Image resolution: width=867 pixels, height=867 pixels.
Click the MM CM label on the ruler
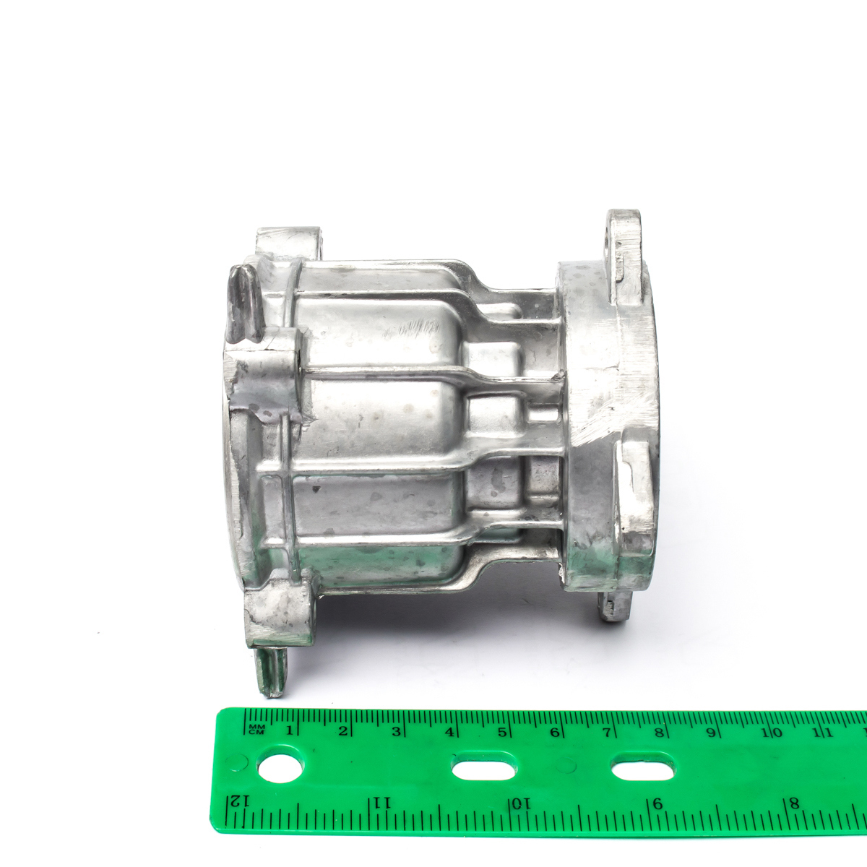(256, 730)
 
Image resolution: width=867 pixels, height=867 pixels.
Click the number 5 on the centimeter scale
(503, 731)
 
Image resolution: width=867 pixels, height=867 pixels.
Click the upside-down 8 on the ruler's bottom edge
(795, 803)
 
